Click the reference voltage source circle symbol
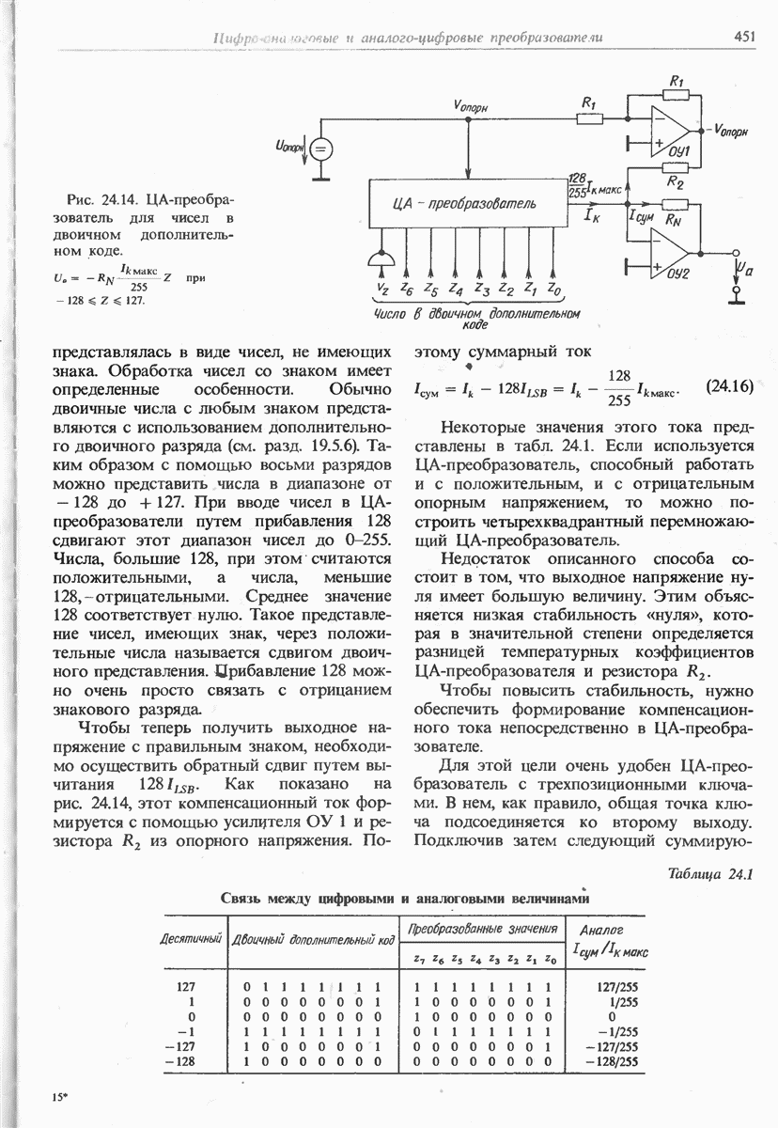coord(320,149)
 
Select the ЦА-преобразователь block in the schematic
coord(465,204)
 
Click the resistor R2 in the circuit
coord(672,184)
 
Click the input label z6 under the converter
coord(405,289)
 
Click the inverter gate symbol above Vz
coord(381,259)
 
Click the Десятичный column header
coord(190,939)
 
